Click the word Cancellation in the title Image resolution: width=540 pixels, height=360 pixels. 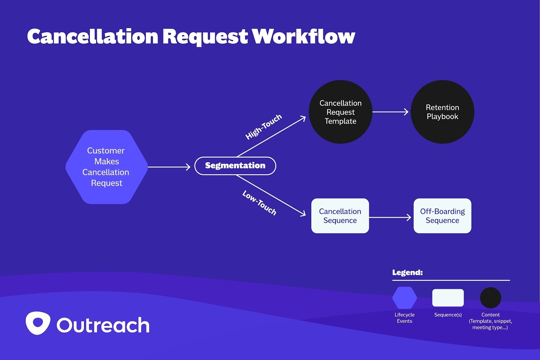point(92,36)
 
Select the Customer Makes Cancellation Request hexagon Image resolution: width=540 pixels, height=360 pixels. point(106,167)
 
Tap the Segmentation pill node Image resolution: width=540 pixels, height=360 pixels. point(235,166)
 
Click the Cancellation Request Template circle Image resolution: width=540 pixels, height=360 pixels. point(340,112)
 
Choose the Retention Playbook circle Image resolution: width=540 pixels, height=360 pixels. point(442,112)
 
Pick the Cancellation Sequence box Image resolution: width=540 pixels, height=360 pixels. point(340,216)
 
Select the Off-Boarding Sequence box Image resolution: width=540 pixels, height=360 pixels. point(442,216)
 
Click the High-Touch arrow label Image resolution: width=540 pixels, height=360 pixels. point(264,127)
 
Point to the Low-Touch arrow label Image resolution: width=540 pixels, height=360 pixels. point(259,203)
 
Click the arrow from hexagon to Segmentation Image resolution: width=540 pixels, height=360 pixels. point(169,167)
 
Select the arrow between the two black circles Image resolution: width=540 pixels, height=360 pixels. point(390,112)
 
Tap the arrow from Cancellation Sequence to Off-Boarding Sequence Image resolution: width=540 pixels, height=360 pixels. point(390,217)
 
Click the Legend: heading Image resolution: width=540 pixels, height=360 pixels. point(407,273)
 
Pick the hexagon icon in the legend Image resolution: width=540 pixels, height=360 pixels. point(404,298)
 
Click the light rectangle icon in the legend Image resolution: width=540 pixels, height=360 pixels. point(448,298)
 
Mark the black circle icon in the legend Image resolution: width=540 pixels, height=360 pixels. point(490,298)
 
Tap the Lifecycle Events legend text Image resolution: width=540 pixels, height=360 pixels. point(404,318)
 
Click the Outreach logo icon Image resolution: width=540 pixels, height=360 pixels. point(38,323)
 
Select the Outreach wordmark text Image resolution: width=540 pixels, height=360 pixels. point(103,325)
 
